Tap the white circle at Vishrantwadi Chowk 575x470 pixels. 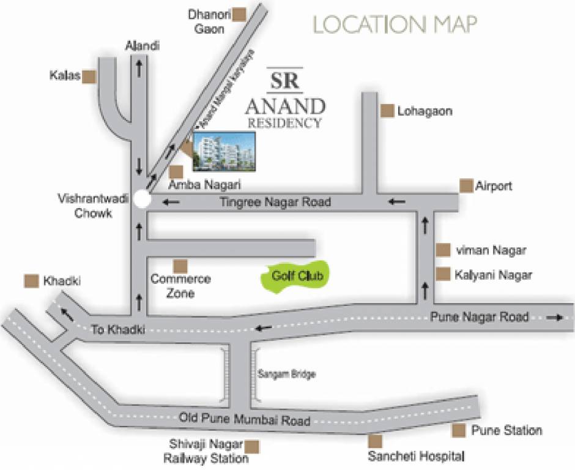point(143,199)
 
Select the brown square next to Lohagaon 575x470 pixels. point(387,111)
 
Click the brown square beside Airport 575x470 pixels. point(466,185)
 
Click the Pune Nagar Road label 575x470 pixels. point(479,317)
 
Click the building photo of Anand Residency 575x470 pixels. point(224,151)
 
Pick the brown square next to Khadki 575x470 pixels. point(31,281)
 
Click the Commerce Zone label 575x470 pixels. point(180,286)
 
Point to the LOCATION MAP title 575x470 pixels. point(395,24)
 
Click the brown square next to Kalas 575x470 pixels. point(90,76)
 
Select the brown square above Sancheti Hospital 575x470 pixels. point(375,441)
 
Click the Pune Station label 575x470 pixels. point(506,431)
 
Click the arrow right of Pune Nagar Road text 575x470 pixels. point(556,318)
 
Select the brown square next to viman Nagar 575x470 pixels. point(443,250)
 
